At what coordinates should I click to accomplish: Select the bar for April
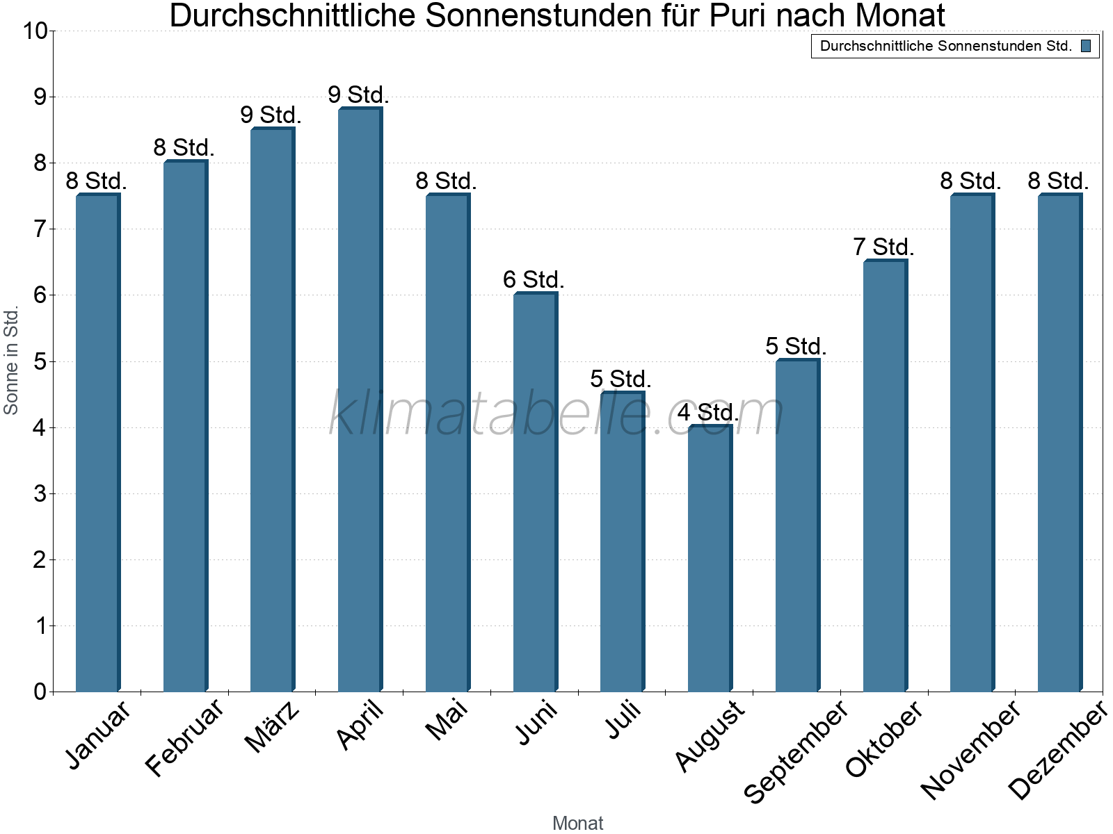click(360, 400)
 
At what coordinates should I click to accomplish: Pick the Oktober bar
click(885, 475)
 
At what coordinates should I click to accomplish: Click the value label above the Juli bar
click(620, 379)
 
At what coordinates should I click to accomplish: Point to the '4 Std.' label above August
click(708, 413)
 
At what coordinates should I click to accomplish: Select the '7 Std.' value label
click(883, 247)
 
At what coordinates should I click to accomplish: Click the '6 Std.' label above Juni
click(534, 280)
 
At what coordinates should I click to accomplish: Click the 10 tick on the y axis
click(34, 31)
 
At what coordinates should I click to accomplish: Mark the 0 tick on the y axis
click(40, 692)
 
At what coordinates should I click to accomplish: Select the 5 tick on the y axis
click(40, 362)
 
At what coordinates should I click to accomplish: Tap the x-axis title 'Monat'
click(577, 823)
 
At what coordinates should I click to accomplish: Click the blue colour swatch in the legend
click(1086, 47)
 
